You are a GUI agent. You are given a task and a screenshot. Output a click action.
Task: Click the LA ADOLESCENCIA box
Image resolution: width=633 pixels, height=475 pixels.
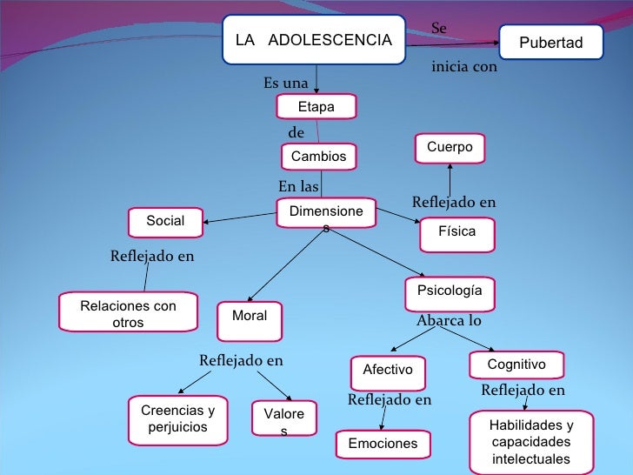pos(313,40)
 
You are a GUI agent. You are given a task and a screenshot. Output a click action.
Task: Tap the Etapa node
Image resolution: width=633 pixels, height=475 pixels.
pos(316,107)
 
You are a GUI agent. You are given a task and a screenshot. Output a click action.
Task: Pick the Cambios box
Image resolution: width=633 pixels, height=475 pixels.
pos(318,157)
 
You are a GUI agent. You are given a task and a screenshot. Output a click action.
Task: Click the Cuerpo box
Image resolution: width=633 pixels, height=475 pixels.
pos(450,148)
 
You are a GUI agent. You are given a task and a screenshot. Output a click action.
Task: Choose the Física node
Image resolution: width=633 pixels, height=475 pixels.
pos(456,233)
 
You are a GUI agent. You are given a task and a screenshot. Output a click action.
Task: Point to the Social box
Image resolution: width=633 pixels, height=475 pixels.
pos(165,221)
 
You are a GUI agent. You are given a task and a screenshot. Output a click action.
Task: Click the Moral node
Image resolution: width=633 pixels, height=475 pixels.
pos(250,317)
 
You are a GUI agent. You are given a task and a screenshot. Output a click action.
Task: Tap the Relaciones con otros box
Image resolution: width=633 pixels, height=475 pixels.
pos(128,314)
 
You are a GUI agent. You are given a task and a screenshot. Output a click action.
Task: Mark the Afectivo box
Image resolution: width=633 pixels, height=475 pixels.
pos(387,370)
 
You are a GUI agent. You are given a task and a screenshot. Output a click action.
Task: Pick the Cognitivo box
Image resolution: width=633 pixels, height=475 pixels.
pos(516,365)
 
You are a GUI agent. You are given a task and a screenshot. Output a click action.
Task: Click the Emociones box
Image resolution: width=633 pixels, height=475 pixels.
pos(383,444)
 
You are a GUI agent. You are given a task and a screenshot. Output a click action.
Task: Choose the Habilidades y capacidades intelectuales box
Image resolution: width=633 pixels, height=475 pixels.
pos(530,441)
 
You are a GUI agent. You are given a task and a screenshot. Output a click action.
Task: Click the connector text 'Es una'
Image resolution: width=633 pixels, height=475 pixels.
pos(286,84)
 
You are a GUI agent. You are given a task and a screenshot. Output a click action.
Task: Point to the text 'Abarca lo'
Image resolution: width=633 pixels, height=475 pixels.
pos(449,321)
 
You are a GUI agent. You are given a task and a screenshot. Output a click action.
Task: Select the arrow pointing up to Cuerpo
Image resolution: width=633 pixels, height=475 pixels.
pos(450,181)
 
